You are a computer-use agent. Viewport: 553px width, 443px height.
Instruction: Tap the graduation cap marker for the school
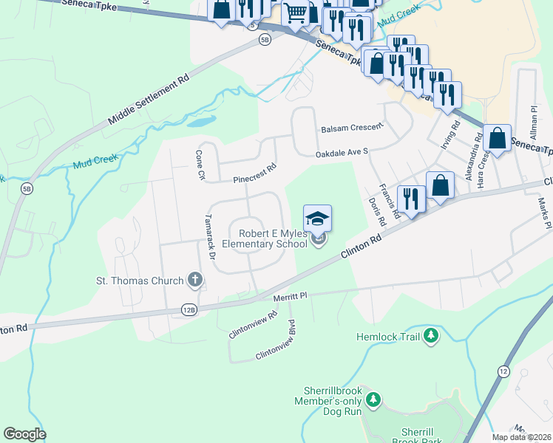[317, 219]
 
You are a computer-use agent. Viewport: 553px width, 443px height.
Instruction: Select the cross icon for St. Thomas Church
[194, 279]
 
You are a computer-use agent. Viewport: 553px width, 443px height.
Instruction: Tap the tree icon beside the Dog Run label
[374, 400]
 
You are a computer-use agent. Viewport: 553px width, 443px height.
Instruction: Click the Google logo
[24, 433]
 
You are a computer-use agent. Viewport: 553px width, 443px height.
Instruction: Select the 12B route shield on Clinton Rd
[189, 310]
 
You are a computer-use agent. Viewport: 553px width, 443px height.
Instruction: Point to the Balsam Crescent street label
[352, 128]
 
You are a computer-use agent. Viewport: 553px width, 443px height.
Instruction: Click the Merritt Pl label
[290, 295]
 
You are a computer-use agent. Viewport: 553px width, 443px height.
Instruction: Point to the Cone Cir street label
[199, 165]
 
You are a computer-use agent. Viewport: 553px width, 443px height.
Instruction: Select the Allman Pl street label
[532, 118]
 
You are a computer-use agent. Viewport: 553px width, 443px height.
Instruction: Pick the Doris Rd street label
[376, 211]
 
